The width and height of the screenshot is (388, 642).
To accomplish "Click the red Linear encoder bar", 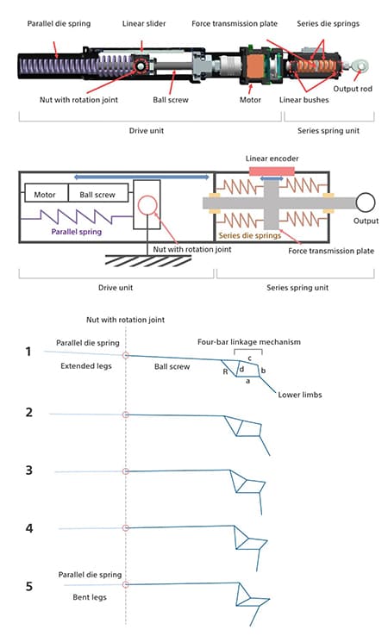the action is coord(272,171).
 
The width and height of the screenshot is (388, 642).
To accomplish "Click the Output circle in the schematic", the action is coord(365,203).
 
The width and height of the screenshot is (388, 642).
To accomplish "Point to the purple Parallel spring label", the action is coord(76,232).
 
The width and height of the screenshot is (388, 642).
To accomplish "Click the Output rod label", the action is coord(353,89).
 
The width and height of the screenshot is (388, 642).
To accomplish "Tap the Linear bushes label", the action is coord(304,100).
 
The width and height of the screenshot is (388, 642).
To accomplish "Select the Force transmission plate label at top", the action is coord(235,24).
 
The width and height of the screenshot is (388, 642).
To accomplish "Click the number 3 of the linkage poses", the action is coord(28,470).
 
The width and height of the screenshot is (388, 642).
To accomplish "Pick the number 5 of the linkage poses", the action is coord(28,586).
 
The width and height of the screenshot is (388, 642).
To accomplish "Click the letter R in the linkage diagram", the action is coord(225,371).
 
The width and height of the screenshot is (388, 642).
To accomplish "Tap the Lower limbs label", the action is coord(300,395).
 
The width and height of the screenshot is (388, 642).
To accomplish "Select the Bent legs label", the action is coord(90,597).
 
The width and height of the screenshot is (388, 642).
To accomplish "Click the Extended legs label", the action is coord(86,366).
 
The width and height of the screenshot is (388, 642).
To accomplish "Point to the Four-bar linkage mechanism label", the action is coord(249,342).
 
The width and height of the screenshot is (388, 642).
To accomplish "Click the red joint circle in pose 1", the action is coord(126,355).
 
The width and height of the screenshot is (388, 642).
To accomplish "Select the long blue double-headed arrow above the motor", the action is coord(141,177).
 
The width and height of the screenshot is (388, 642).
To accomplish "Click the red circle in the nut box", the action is coord(147,205).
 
